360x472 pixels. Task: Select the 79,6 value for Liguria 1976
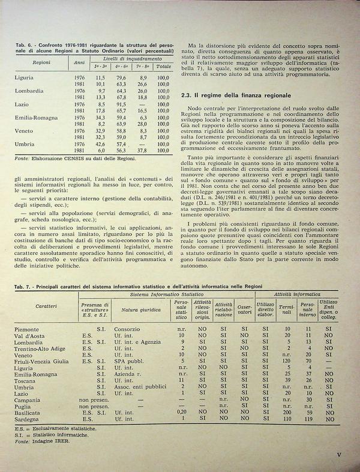pos(121,77)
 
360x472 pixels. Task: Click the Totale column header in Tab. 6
pos(163,66)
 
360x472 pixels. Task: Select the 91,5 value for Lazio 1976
pos(121,104)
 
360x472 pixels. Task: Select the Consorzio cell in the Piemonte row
pos(127,329)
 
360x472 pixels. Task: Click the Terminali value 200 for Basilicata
pos(287,413)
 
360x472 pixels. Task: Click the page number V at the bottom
pos(339,455)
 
